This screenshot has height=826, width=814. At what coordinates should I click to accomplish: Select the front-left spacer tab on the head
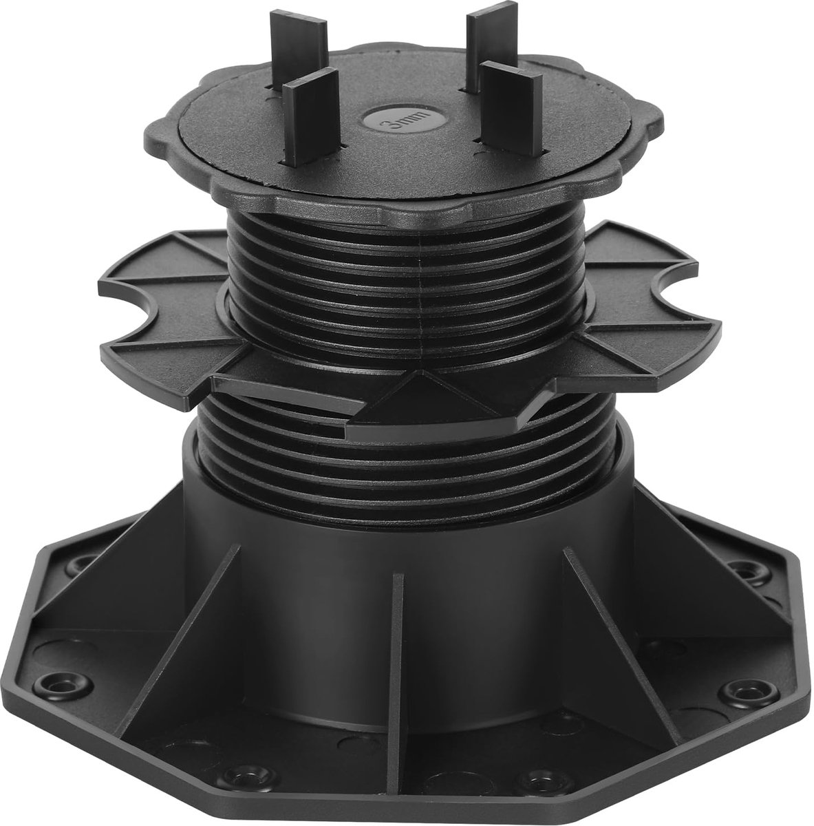pos(312,118)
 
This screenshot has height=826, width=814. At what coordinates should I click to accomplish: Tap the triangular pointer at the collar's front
pos(423,399)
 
